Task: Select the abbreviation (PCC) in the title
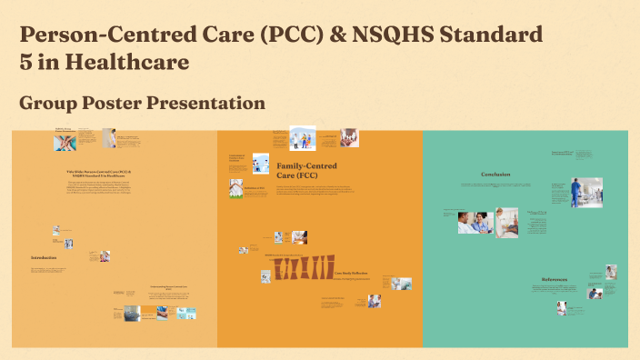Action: tap(291, 35)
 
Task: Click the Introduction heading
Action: tap(44, 257)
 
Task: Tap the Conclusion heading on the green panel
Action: tap(495, 175)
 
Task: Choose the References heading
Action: tap(555, 279)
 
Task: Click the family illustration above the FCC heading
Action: tap(301, 137)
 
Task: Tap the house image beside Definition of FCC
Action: tap(236, 187)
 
